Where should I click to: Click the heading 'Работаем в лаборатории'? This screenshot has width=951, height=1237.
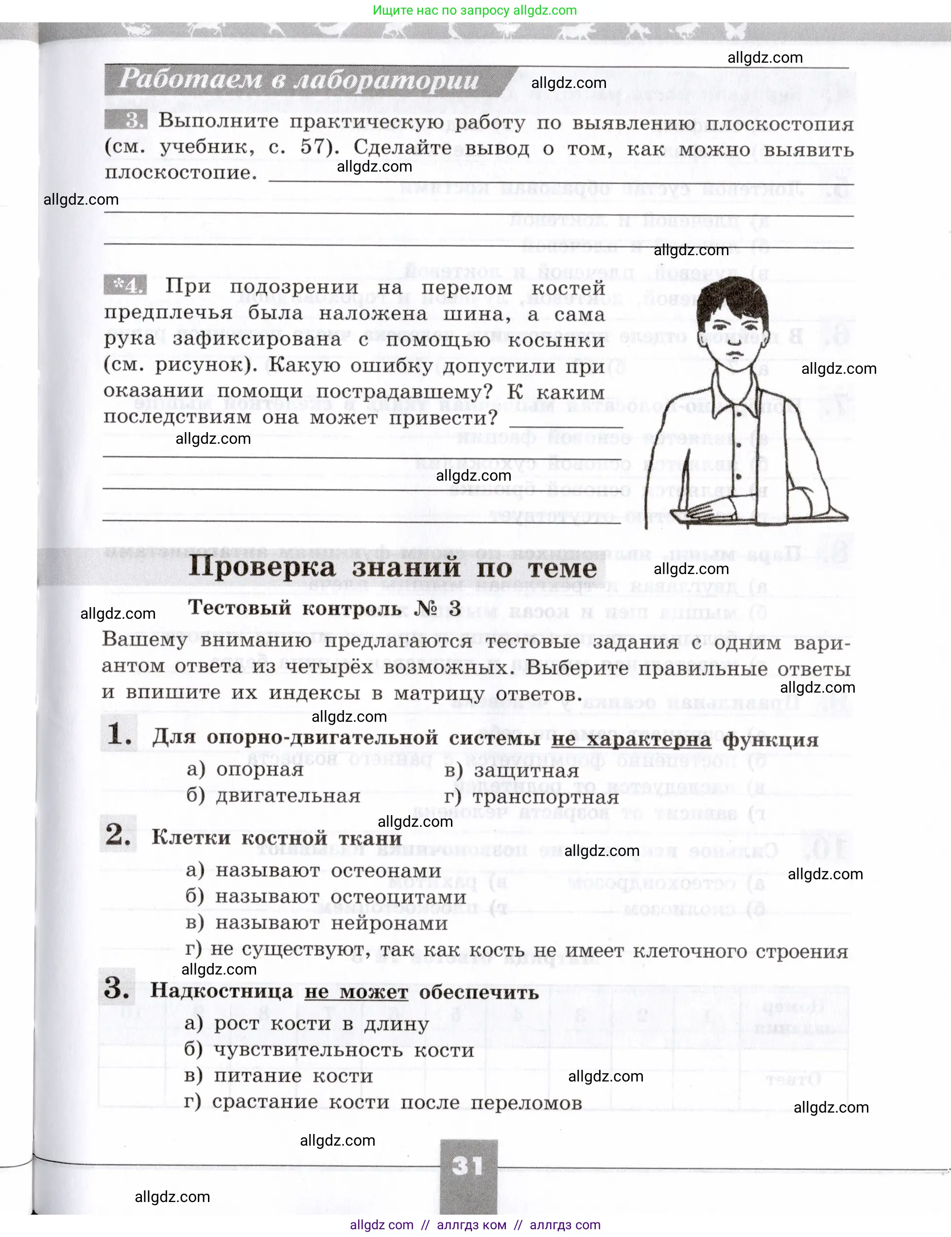click(x=299, y=80)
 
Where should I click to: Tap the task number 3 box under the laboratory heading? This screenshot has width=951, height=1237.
click(x=126, y=121)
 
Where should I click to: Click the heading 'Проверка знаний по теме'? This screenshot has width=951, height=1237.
click(x=392, y=567)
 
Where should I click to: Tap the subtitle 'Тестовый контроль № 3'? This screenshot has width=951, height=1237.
click(x=324, y=608)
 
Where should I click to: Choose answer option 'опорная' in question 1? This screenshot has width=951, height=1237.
click(x=260, y=769)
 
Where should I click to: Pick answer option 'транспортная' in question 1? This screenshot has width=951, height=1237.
click(x=546, y=797)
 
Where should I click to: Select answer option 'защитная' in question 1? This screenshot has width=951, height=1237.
click(x=526, y=770)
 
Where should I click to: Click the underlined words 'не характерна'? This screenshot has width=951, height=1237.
click(x=631, y=739)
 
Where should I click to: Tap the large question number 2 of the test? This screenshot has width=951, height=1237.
click(x=118, y=835)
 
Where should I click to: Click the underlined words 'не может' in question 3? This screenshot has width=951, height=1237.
click(x=356, y=992)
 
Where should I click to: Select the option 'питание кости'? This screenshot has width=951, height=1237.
click(x=293, y=1076)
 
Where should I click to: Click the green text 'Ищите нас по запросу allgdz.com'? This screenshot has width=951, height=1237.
click(x=475, y=10)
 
